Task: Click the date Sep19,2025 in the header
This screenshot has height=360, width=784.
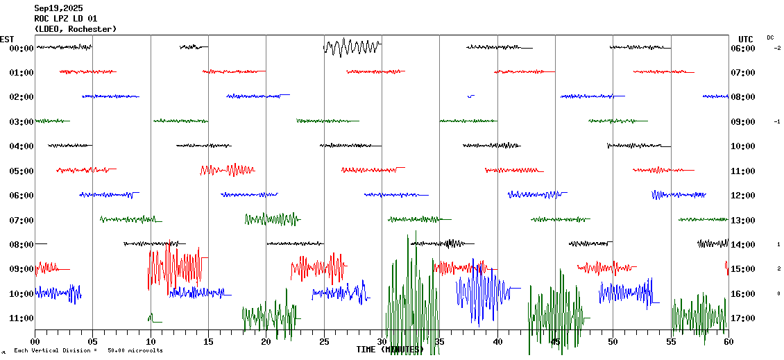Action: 58,8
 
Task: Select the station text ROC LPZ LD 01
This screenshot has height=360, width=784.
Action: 66,19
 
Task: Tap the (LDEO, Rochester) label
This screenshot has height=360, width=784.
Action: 76,29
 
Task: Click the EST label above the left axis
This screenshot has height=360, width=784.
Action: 7,39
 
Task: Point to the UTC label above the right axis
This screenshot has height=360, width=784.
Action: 746,39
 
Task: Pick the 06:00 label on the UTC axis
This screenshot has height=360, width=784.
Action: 742,49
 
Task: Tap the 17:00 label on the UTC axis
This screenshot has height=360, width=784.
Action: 742,318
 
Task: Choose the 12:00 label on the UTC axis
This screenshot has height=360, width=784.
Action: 742,196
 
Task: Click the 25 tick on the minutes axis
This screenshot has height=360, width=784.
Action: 324,341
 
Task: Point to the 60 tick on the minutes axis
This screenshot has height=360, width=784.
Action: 728,341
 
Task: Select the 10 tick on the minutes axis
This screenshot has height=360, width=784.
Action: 151,341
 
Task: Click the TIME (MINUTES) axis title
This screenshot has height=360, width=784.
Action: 389,350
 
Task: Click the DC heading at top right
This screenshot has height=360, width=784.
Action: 770,37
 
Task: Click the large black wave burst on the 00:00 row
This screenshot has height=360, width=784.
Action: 352,48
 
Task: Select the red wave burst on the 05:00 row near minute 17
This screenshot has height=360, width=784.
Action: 228,169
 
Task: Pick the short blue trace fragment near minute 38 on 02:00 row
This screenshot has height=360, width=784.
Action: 471,96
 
